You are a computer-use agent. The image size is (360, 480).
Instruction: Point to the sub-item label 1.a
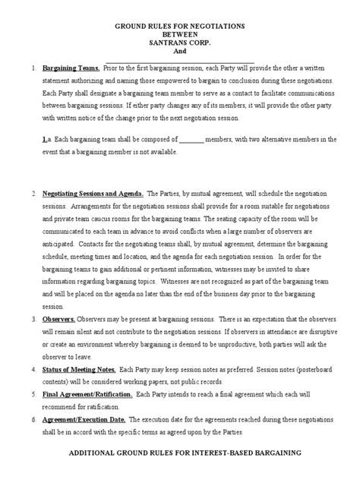pos(46,141)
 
